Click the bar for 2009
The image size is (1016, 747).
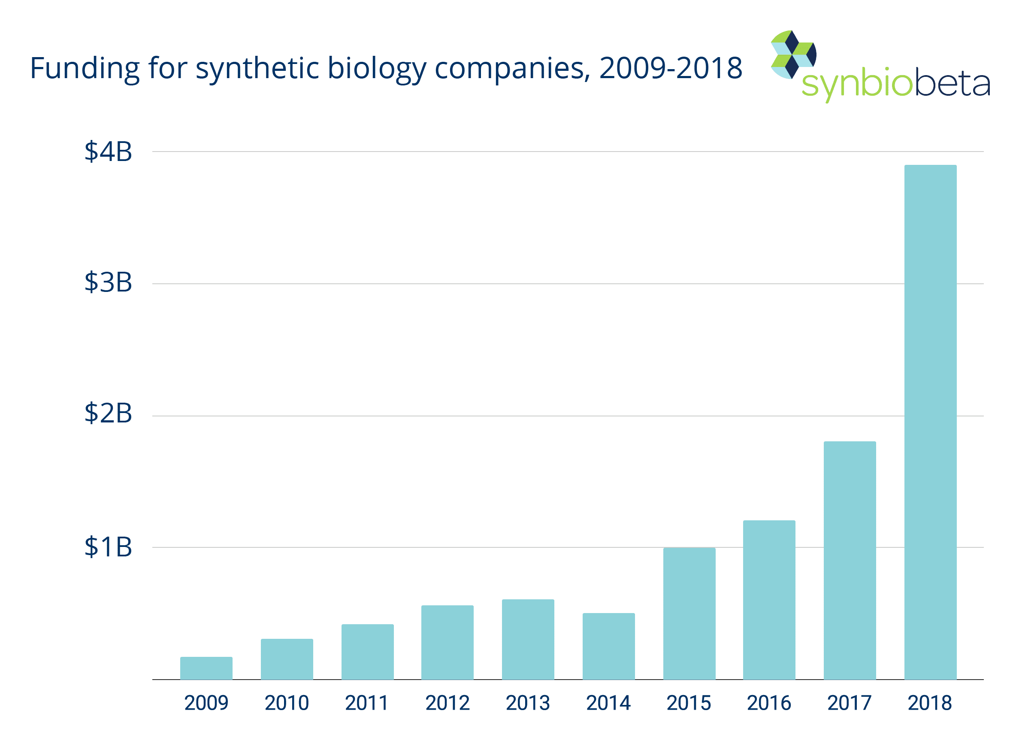tap(206, 668)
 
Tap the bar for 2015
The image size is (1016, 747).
tap(689, 613)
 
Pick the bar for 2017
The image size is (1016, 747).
tap(850, 560)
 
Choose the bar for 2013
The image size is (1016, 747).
tap(528, 639)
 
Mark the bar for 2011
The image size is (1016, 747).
tap(367, 652)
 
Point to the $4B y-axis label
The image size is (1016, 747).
tap(108, 152)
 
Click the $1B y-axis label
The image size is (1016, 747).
tap(108, 547)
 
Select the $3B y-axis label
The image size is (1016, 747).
tap(108, 282)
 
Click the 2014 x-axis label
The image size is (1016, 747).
tap(608, 703)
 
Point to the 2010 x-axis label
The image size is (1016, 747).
tap(287, 703)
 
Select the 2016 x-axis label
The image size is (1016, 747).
tap(769, 703)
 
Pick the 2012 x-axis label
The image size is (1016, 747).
tap(448, 703)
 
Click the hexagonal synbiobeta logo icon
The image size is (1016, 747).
tap(793, 55)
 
